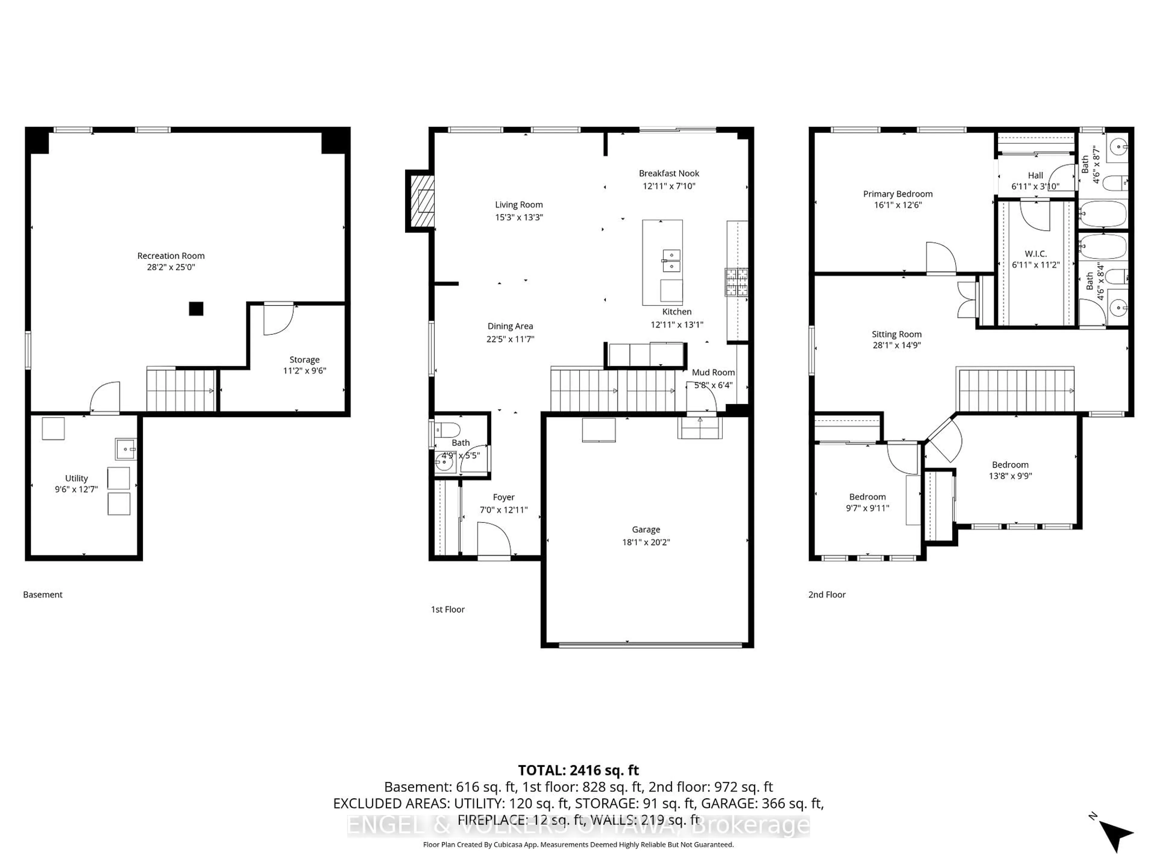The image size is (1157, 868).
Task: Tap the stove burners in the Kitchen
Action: click(736, 282)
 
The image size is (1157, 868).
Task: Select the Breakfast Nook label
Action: click(669, 173)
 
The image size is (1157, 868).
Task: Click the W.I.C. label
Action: click(1035, 254)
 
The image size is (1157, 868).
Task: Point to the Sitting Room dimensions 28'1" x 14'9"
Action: click(896, 345)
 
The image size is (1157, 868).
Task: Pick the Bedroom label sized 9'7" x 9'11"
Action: click(867, 497)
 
